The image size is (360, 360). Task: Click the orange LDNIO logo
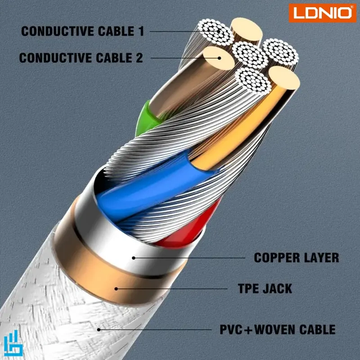[x=322, y=13]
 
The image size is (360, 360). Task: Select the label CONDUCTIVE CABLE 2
[x=81, y=58]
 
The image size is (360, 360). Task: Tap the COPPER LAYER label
[x=297, y=258]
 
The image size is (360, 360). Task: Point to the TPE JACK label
[x=265, y=288]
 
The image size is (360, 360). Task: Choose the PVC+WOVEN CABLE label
[x=278, y=329]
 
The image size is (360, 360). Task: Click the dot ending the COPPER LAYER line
[x=133, y=258]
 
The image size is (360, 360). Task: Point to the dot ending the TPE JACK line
[x=116, y=288]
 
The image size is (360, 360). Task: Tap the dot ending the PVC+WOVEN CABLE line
[x=99, y=329]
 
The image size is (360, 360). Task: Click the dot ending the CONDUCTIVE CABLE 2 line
[x=220, y=58]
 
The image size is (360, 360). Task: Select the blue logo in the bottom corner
[x=14, y=346]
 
